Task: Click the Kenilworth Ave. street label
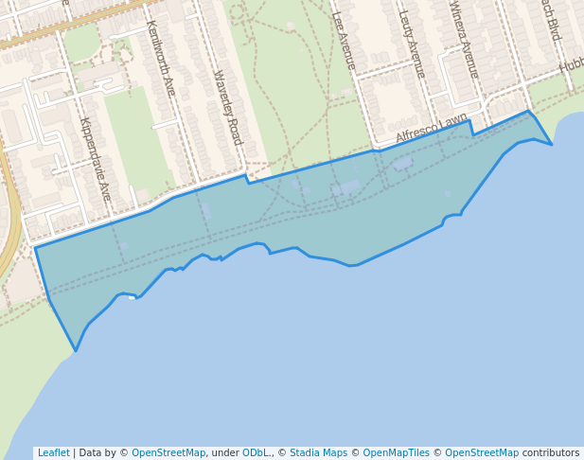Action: pos(161,59)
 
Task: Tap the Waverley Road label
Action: pos(228,107)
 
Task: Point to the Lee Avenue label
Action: pos(344,41)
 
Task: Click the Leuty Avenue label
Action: pos(412,44)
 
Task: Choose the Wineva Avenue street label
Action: pos(464,40)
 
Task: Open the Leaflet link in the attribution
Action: pos(53,453)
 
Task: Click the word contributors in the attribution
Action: pos(551,453)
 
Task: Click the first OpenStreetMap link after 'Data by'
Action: pos(168,453)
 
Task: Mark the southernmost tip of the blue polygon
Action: pos(76,351)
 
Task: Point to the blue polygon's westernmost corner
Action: pos(35,248)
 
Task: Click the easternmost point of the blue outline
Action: pos(552,145)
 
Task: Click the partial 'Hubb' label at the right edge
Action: pos(571,65)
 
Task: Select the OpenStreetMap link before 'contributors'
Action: pos(482,453)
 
